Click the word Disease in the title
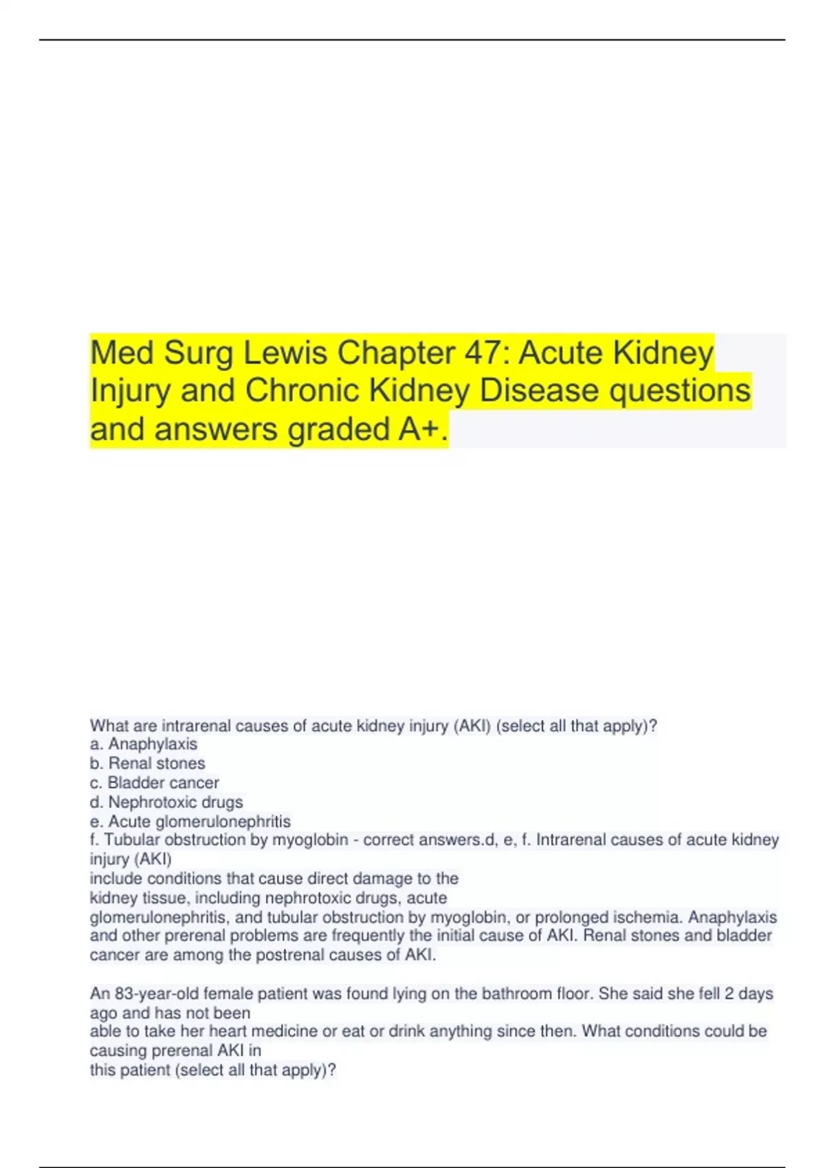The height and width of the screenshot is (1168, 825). [538, 391]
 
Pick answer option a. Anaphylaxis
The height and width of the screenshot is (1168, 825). [144, 744]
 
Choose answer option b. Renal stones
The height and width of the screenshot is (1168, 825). [147, 763]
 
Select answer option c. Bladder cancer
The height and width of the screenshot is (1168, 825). [155, 783]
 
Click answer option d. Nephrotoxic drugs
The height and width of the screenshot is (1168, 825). [166, 802]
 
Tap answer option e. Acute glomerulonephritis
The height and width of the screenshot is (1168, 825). [190, 821]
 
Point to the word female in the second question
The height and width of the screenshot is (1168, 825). [227, 993]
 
